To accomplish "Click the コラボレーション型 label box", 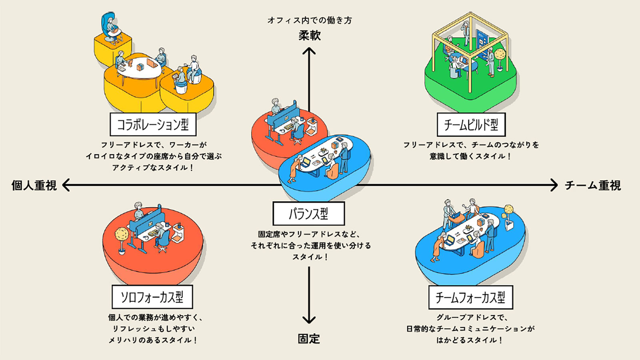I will pyautogui.click(x=153, y=124).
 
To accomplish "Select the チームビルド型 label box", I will pyautogui.click(x=471, y=125).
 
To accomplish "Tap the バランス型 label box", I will pyautogui.click(x=308, y=214).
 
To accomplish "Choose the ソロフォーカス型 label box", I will pyautogui.click(x=152, y=297).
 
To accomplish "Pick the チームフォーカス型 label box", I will pyautogui.click(x=470, y=297).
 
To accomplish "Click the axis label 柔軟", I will pyautogui.click(x=309, y=36).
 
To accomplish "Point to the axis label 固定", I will pyautogui.click(x=309, y=339).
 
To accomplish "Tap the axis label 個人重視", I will pyautogui.click(x=34, y=186).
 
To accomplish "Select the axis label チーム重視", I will pyautogui.click(x=593, y=186).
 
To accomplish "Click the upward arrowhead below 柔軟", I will pyautogui.click(x=309, y=51).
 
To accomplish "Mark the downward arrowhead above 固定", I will pyautogui.click(x=309, y=320).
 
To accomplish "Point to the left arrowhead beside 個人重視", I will pyautogui.click(x=66, y=185).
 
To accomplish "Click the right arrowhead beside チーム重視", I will pyautogui.click(x=554, y=185).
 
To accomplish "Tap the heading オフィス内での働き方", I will pyautogui.click(x=309, y=20).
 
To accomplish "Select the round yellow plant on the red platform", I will pyautogui.click(x=121, y=235).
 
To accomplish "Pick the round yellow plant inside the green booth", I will pyautogui.click(x=500, y=54).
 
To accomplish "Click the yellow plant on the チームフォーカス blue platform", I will pyautogui.click(x=508, y=210).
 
